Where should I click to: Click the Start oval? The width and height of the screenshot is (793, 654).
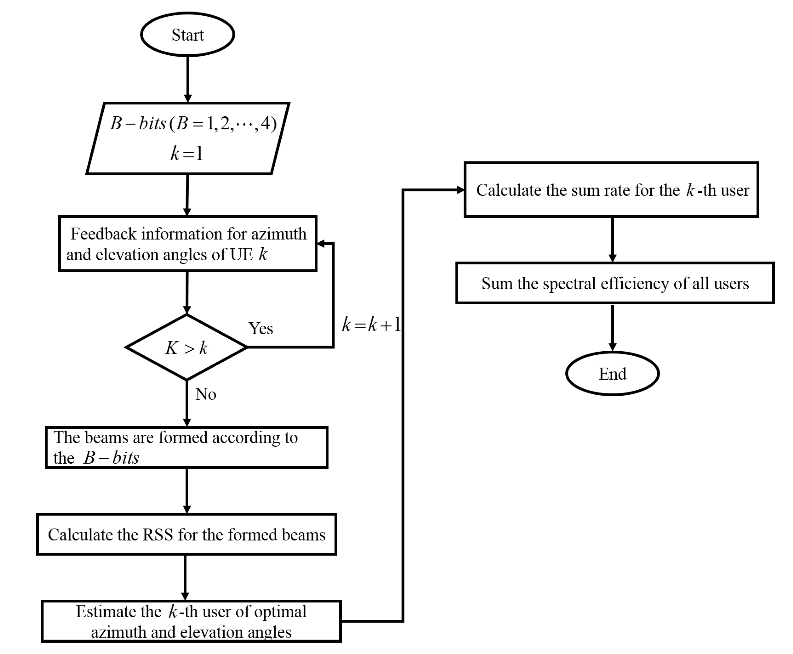pos(187,35)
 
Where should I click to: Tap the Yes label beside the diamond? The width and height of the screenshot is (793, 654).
pos(260,328)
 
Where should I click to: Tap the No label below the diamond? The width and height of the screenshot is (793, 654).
pos(205,394)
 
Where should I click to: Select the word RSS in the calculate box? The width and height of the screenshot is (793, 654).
pos(158,535)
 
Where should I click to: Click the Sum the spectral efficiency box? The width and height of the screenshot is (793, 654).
pos(615,283)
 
